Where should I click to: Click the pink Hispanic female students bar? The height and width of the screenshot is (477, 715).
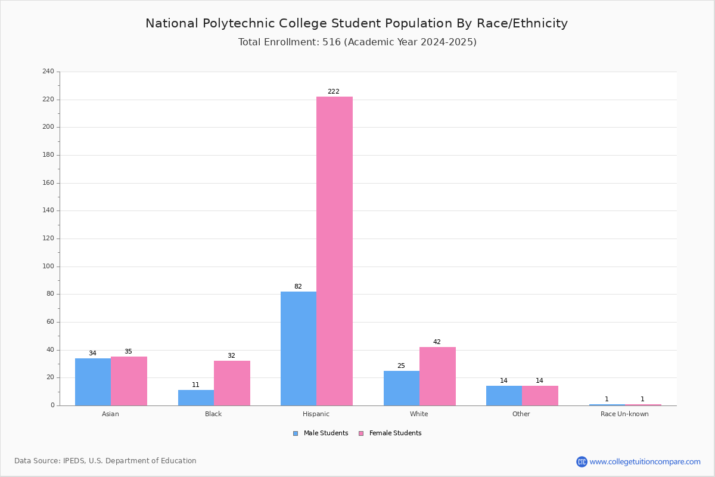coord(334,251)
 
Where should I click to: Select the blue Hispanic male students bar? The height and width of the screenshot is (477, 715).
coord(299,349)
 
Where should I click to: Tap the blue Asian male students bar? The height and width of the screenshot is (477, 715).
coord(93,382)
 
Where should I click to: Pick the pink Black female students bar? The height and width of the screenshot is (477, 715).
coord(232,383)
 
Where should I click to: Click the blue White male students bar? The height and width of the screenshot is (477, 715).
coord(402,388)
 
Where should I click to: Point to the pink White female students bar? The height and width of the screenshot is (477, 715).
coord(437,376)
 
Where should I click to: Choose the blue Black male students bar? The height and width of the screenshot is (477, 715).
coord(196,398)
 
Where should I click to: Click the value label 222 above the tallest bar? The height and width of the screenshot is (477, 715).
coord(334,91)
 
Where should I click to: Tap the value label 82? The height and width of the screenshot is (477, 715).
coord(298,286)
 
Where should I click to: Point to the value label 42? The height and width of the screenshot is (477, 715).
coord(437,342)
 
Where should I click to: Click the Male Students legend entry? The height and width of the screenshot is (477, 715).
coord(321,433)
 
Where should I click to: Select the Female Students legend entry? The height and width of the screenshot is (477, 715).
coord(390,433)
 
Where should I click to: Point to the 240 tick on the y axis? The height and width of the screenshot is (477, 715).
coord(48,71)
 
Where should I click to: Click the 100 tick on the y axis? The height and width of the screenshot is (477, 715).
coord(48,266)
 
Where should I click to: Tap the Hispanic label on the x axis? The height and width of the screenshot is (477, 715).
coord(316,414)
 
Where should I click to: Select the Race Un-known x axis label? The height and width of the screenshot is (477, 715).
coord(624,414)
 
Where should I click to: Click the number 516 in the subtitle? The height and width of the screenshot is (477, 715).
coord(332,42)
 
